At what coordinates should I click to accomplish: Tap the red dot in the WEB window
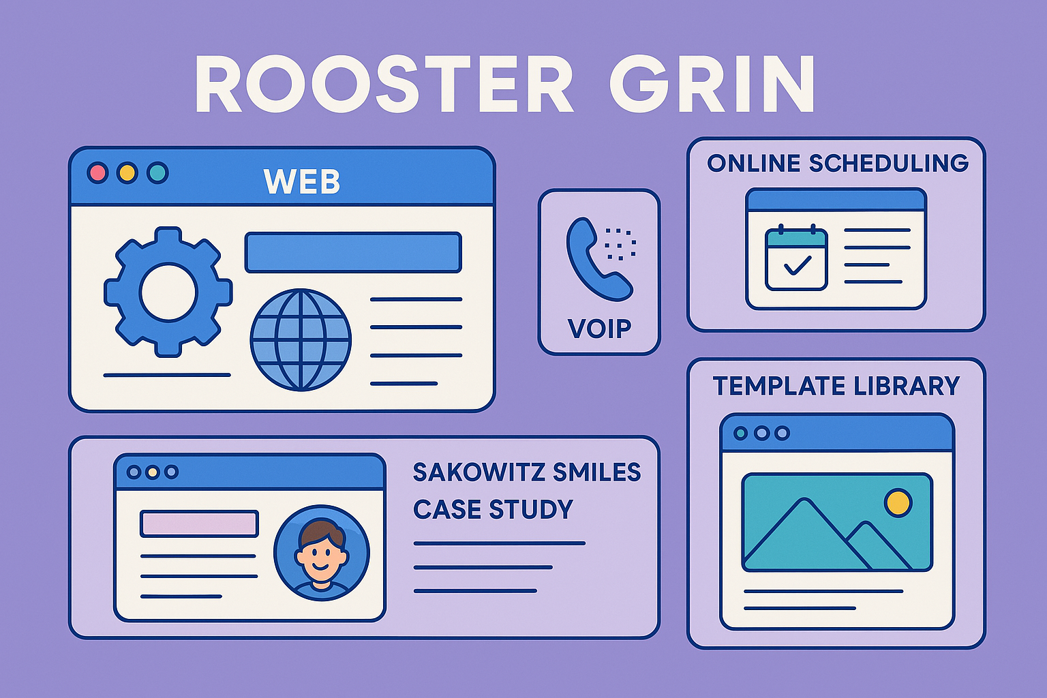coord(97,172)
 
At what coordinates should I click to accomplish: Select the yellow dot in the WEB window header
coord(127,172)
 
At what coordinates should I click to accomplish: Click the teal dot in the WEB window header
coord(157,172)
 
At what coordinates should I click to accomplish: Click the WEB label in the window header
coord(302,182)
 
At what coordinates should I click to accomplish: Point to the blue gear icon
coord(168,292)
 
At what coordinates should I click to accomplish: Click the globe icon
coord(301,339)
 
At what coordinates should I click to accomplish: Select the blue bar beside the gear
coord(353,252)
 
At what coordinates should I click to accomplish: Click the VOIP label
coord(599,329)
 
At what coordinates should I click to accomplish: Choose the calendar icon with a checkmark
coord(796,259)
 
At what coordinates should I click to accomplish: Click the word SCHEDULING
coord(888,164)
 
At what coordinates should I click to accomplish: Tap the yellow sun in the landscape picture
coord(898,503)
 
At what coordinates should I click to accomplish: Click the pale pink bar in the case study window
coord(199,523)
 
